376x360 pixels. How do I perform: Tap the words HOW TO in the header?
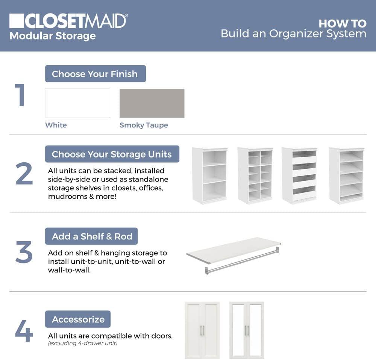pyautogui.click(x=342, y=23)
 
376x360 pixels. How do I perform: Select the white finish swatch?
pyautogui.click(x=77, y=103)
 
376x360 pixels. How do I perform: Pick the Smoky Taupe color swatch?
pyautogui.click(x=152, y=103)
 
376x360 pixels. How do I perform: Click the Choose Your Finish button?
pyautogui.click(x=95, y=74)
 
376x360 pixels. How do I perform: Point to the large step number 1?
pyautogui.click(x=20, y=95)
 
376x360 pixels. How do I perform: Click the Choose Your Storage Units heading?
pyautogui.click(x=112, y=154)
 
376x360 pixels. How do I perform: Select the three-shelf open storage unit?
pyautogui.click(x=209, y=175)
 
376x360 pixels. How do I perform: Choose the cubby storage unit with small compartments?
pyautogui.click(x=255, y=175)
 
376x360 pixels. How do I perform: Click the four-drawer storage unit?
pyautogui.click(x=299, y=175)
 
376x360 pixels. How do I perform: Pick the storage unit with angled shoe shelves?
pyautogui.click(x=346, y=175)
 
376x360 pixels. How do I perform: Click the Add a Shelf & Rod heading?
pyautogui.click(x=92, y=236)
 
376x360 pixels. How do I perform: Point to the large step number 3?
pyautogui.click(x=24, y=253)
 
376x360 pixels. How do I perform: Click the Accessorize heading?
pyautogui.click(x=78, y=319)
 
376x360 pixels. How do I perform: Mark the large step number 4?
pyautogui.click(x=24, y=331)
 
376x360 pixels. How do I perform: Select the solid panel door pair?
pyautogui.click(x=202, y=330)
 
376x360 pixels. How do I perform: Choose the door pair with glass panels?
pyautogui.click(x=247, y=330)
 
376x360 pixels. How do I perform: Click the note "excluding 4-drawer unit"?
pyautogui.click(x=83, y=343)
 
